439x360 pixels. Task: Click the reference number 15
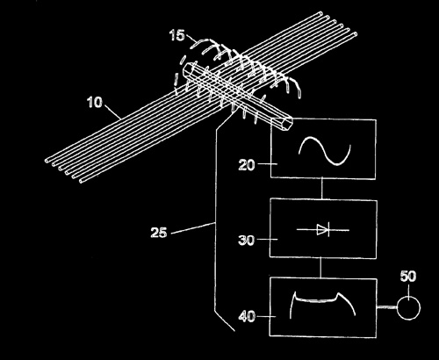177,35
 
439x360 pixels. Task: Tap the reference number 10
95,103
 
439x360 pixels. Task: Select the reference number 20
247,165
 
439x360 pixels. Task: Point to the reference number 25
159,233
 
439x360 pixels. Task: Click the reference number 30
247,241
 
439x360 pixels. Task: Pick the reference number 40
247,317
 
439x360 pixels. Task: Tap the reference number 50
408,277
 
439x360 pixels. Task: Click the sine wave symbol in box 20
325,151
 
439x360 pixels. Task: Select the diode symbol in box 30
323,230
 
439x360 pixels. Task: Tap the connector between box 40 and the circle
386,307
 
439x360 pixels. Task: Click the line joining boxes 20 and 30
322,189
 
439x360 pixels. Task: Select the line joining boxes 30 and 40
321,268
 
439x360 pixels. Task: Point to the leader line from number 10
113,112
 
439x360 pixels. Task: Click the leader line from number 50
408,290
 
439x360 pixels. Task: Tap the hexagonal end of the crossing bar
284,124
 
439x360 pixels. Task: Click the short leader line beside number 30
267,240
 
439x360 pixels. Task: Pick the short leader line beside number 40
266,316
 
